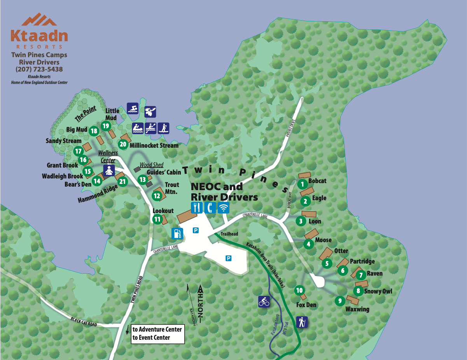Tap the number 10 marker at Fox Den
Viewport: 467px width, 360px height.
pos(299,290)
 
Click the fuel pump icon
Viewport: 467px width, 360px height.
pos(177,233)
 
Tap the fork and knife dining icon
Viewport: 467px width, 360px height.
pos(197,207)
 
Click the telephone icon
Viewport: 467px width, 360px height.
pos(210,207)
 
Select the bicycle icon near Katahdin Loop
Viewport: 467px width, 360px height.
pos(264,301)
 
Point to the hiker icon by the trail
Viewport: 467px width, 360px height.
pos(302,322)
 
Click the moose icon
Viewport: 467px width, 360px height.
pos(150,112)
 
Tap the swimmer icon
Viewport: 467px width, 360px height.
pos(133,108)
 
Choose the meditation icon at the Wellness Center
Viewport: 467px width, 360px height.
pos(109,170)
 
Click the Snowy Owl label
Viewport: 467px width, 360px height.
pos(378,291)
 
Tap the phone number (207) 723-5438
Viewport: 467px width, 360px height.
pos(39,69)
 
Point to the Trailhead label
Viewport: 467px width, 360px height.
pos(229,234)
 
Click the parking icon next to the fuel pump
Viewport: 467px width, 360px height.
pos(196,231)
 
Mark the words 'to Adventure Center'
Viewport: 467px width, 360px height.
pos(157,329)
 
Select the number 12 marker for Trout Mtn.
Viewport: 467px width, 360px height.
pos(157,196)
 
